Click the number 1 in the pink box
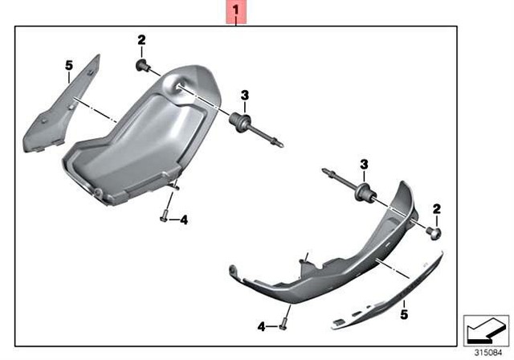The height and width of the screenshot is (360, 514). (x=235, y=11)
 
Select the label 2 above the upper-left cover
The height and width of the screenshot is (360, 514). (x=142, y=39)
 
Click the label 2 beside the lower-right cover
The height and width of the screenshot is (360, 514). (x=437, y=210)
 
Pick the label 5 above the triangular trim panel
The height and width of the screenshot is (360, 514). (x=69, y=65)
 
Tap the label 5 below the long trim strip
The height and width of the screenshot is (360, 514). (x=404, y=306)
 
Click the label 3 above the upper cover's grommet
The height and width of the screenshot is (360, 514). (x=244, y=96)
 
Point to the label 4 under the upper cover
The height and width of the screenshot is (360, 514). (x=183, y=219)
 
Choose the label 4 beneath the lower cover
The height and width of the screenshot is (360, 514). (x=261, y=326)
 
